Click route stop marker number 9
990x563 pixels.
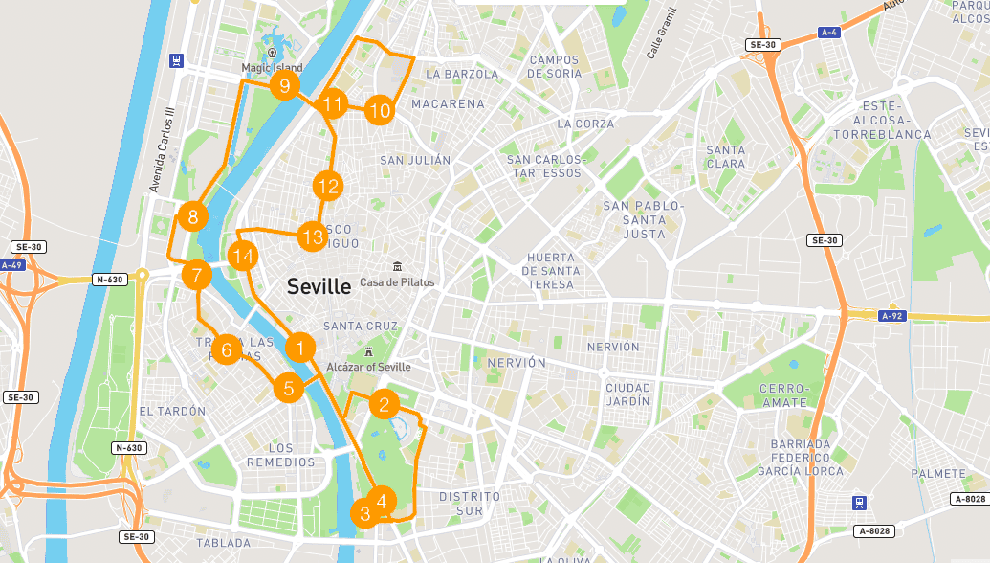point(284,87)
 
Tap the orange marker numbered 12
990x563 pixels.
point(327,186)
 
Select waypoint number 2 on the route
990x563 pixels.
point(384,404)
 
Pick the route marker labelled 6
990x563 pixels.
point(227,350)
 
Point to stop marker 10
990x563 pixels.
point(380,111)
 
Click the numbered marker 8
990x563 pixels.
point(193,216)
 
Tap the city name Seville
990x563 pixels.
point(319,285)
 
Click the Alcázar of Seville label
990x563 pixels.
point(368,367)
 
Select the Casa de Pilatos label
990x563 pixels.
point(397,282)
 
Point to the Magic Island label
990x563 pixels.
point(272,68)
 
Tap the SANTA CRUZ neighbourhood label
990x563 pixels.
point(361,327)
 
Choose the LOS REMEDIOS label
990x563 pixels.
point(280,455)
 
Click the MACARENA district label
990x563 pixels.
point(448,103)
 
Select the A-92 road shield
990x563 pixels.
point(891,315)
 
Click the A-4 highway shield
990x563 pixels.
point(830,33)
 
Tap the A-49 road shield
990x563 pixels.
point(11,265)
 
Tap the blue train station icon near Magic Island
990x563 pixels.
point(176,59)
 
